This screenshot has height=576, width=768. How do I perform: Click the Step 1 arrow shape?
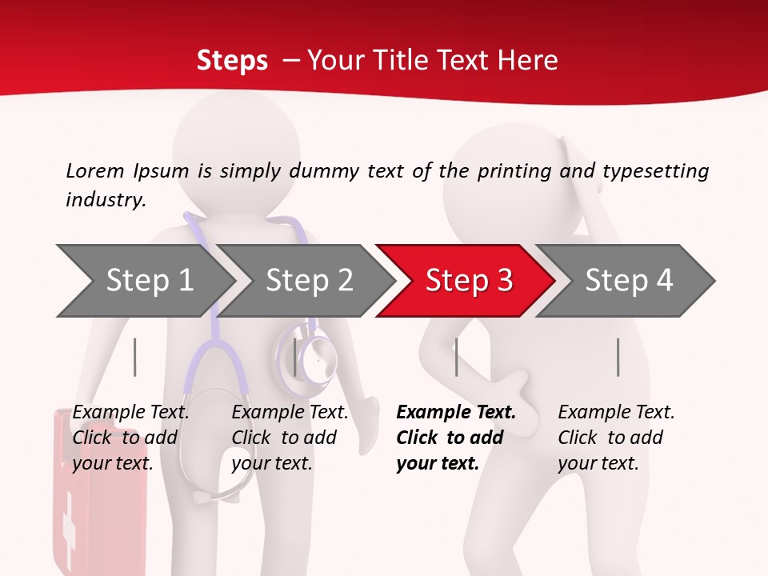(x=144, y=281)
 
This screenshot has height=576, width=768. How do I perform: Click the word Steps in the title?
(x=232, y=60)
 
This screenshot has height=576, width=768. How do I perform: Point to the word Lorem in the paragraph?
(x=95, y=170)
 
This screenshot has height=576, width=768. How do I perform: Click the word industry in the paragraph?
(x=105, y=200)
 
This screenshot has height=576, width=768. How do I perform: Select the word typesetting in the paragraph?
(x=656, y=170)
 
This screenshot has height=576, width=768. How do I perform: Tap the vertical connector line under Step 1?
(x=135, y=357)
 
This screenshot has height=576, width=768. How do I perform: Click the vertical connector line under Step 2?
(x=295, y=357)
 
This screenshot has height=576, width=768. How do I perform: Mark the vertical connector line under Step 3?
(x=456, y=357)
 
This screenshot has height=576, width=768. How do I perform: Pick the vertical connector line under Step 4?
(x=618, y=357)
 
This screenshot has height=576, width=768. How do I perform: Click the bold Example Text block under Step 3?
(x=455, y=438)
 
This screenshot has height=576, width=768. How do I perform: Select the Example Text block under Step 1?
(x=130, y=438)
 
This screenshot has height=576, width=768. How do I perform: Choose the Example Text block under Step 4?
(x=615, y=438)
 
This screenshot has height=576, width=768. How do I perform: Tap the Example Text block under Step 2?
(x=290, y=438)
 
